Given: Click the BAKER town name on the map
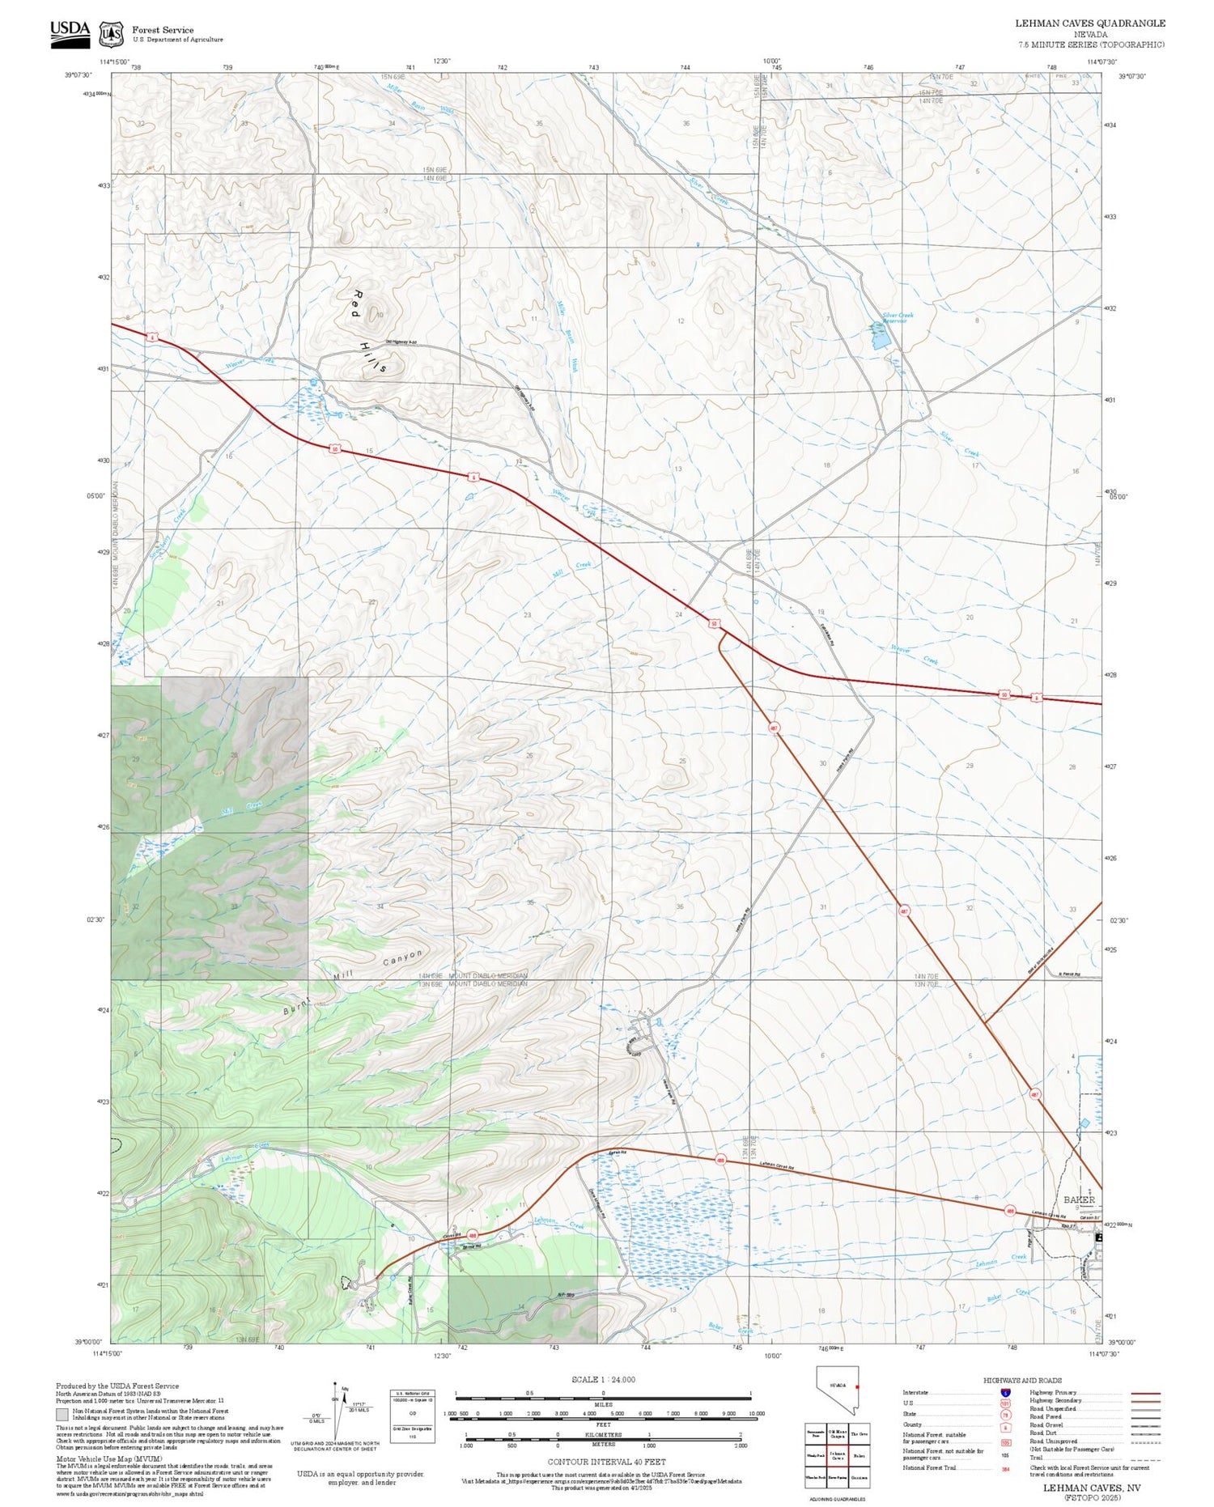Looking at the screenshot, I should tap(1079, 1199).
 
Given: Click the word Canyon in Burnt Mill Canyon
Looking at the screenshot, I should tap(402, 959).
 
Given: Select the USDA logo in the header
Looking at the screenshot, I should tap(70, 32).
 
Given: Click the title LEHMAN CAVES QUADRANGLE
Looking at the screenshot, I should tap(1090, 23).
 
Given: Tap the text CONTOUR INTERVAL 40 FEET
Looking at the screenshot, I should tap(606, 1462).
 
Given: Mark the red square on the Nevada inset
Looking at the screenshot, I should tap(856, 1386).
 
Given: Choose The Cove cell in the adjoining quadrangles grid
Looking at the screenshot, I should tap(860, 1434).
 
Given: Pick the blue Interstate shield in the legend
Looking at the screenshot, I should tap(1005, 1392).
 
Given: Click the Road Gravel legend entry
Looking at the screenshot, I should tap(1046, 1424).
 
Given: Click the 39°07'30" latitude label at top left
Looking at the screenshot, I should tap(79, 75).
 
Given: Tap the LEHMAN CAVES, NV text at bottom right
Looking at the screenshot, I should tap(1091, 1488).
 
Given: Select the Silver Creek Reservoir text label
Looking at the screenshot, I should tap(894, 318).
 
